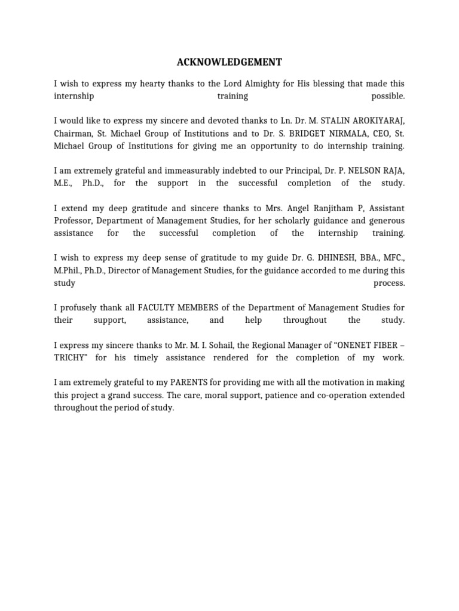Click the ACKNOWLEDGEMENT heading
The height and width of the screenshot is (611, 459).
coord(229,62)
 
